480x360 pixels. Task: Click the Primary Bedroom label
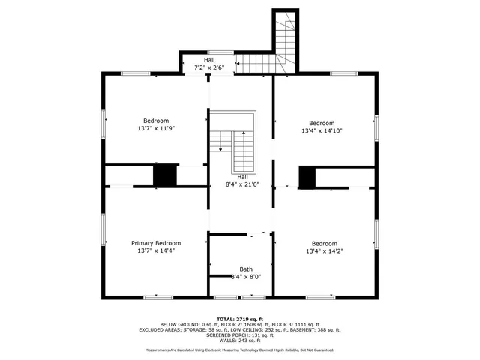[x=156, y=243]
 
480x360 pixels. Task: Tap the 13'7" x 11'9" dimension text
[x=156, y=129]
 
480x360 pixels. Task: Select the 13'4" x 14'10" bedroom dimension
[x=322, y=130]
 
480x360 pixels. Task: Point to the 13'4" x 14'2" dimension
[x=324, y=252]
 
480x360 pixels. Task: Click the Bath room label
[x=246, y=268]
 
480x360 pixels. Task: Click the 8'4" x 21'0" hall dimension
[x=242, y=184]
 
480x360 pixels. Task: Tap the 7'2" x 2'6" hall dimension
[x=209, y=67]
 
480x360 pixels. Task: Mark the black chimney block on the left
[x=164, y=175]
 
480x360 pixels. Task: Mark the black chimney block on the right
[x=307, y=177]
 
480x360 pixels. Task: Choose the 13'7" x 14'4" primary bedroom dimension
[x=156, y=251]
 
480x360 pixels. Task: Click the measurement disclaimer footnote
[x=240, y=349]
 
